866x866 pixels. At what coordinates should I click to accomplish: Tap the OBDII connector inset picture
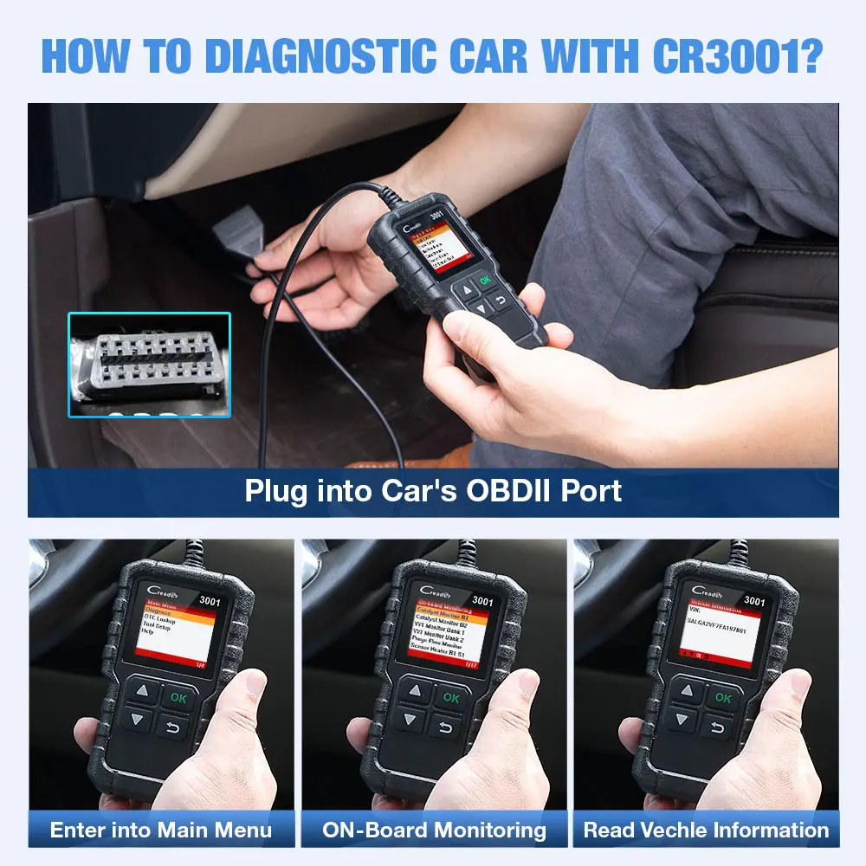pos(150,365)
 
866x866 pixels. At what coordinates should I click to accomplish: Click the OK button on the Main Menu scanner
pos(178,696)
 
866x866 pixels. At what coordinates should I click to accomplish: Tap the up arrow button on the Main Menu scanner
pos(144,691)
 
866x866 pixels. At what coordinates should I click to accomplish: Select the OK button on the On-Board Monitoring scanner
pos(450,697)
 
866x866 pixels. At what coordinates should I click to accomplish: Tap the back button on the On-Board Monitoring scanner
pos(445,727)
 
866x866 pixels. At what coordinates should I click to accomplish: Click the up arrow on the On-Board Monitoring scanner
pos(417,692)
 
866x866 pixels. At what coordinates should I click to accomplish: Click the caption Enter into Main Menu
pos(161,830)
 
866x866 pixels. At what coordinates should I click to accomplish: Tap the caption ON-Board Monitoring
pos(434,830)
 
